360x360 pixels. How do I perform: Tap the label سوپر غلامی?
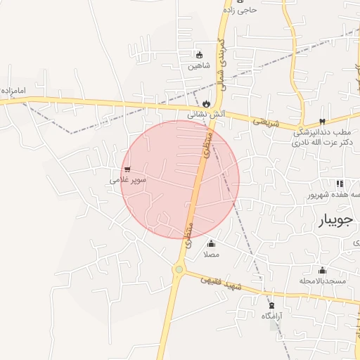(x=128, y=180)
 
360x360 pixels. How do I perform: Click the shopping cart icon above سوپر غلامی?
(x=127, y=169)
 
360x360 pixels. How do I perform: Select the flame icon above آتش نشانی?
(x=206, y=103)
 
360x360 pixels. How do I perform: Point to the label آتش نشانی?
(x=206, y=114)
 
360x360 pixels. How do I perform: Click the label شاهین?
(x=198, y=66)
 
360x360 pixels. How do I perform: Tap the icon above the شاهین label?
(x=199, y=55)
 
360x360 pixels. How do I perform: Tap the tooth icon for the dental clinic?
(x=322, y=122)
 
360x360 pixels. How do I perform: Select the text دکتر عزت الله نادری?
(x=322, y=143)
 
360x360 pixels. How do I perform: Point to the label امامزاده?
(x=13, y=91)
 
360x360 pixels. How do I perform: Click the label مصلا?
(x=211, y=254)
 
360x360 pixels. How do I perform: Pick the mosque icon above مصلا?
(x=212, y=243)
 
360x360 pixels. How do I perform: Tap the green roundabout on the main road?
(x=179, y=269)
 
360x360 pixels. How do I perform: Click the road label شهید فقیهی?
(x=221, y=281)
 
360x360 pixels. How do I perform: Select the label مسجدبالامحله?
(x=323, y=281)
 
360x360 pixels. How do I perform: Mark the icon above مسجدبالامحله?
(x=323, y=271)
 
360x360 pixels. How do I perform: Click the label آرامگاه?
(x=272, y=316)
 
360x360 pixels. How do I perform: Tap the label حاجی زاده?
(x=241, y=10)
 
